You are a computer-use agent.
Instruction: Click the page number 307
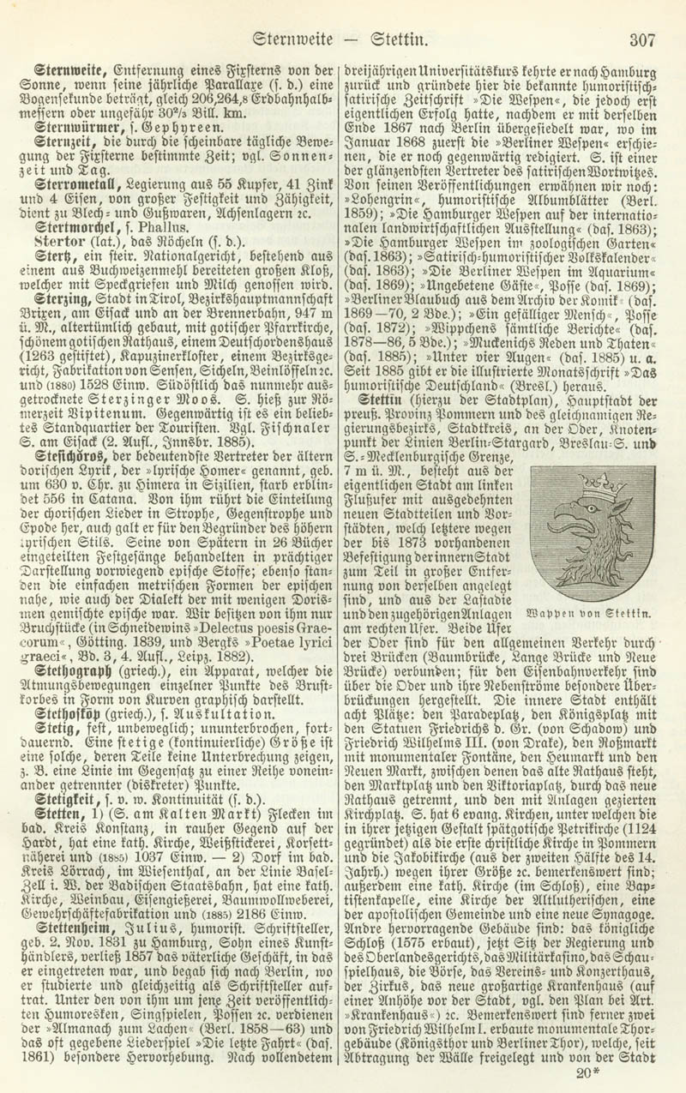641,39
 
